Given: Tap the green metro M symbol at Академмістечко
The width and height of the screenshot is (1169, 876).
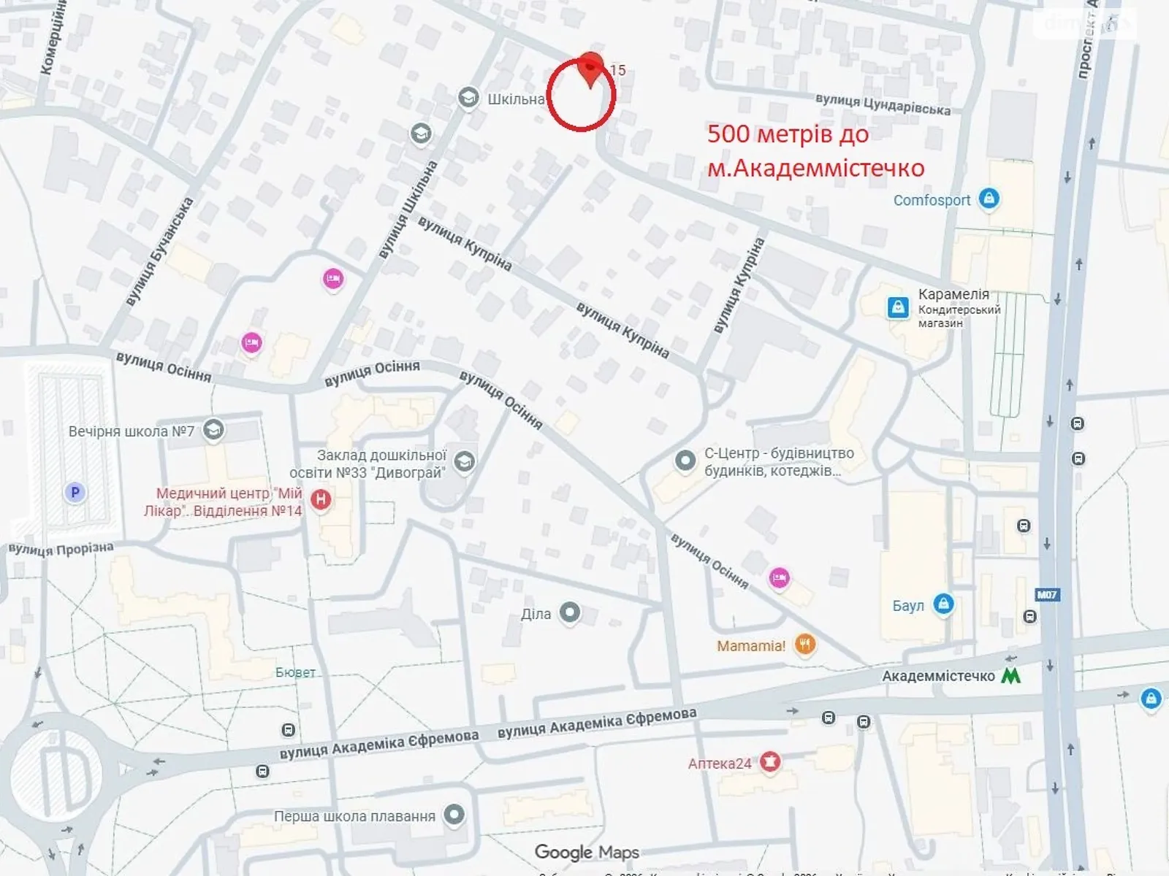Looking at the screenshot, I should click(1011, 676).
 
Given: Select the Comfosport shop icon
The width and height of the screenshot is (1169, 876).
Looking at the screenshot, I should click(989, 199).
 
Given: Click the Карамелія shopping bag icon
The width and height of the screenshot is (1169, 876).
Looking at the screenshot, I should click(897, 307).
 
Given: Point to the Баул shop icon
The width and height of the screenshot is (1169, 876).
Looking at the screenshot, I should click(943, 604).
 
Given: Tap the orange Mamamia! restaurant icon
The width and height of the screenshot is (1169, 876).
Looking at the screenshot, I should click(804, 644).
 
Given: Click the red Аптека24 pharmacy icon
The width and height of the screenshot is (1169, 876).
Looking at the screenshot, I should click(769, 762).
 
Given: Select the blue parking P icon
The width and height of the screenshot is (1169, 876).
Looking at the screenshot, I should click(75, 493).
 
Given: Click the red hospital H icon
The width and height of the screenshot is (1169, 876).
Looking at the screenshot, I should click(321, 500).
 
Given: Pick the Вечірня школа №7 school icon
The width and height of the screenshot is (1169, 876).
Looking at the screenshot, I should click(213, 431).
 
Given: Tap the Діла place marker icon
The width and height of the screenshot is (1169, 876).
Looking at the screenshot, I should click(569, 613).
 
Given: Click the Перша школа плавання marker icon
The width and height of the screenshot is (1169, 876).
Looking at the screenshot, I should click(454, 815).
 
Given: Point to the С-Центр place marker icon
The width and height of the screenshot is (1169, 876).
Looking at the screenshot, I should click(685, 461).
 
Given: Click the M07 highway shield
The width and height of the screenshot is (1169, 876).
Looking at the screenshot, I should click(1047, 595).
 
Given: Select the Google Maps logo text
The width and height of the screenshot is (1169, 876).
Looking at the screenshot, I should click(587, 852).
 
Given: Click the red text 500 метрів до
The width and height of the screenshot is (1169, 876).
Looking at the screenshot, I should click(788, 134).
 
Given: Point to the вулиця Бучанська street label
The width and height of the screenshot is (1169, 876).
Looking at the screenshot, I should click(159, 251).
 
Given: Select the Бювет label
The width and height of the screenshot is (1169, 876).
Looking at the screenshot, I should click(295, 672).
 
